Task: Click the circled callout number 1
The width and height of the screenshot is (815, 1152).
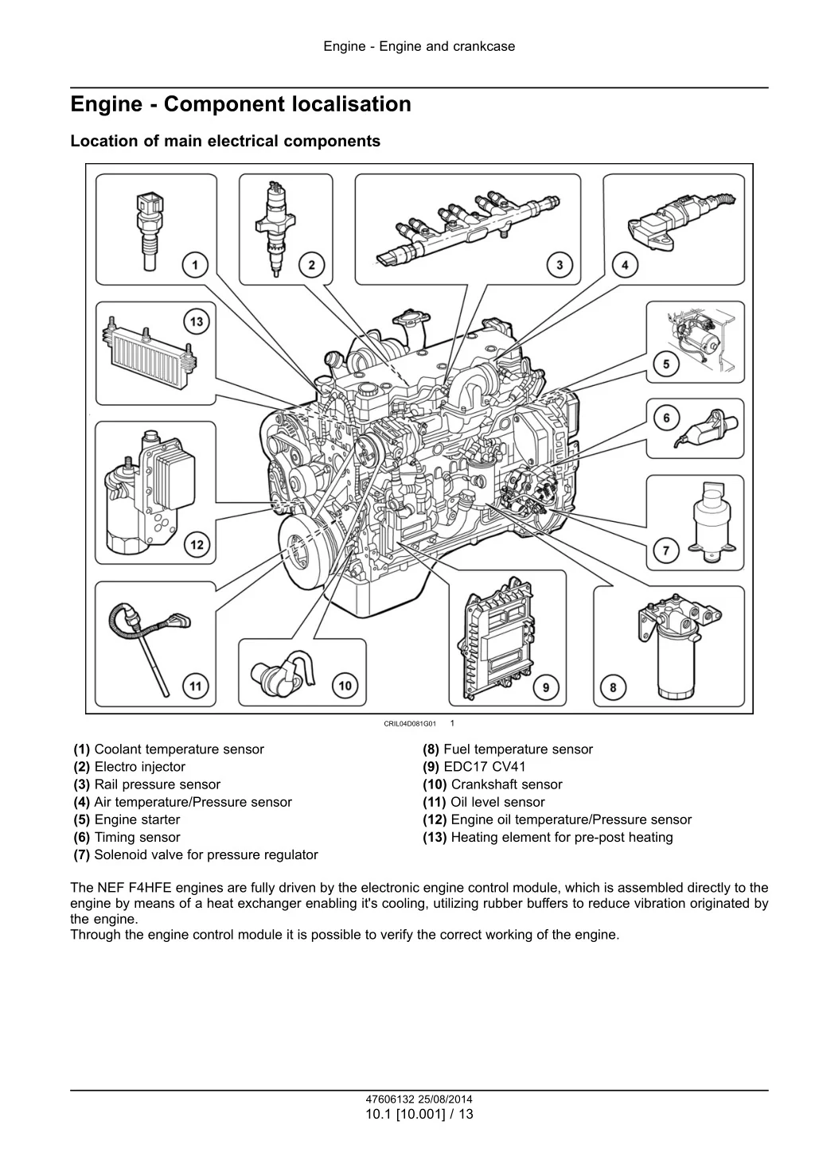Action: pyautogui.click(x=195, y=264)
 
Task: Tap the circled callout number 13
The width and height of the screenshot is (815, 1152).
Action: pyautogui.click(x=196, y=322)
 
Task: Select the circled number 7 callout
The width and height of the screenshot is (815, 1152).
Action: pyautogui.click(x=665, y=550)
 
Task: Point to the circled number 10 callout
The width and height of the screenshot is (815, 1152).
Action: pyautogui.click(x=345, y=685)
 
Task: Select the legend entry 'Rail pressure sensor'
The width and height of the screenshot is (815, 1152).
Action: pyautogui.click(x=157, y=784)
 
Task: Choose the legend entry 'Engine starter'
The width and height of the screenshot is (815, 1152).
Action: pyautogui.click(x=137, y=819)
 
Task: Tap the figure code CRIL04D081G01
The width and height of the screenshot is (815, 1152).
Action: pyautogui.click(x=410, y=724)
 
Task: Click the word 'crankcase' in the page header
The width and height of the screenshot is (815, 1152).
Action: pyautogui.click(x=483, y=46)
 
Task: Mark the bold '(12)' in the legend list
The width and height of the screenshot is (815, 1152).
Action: pyautogui.click(x=435, y=819)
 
